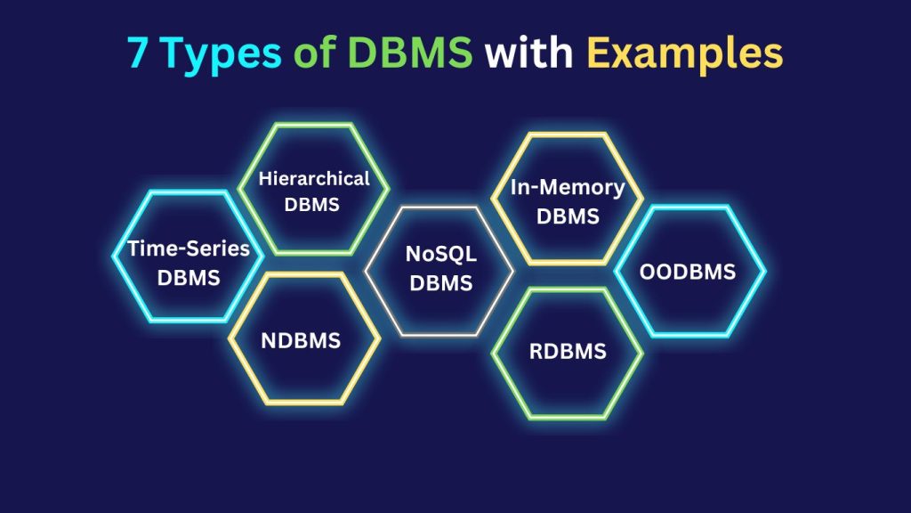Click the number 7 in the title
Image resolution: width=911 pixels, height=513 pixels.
[137, 53]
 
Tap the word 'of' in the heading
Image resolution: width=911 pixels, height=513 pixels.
[314, 53]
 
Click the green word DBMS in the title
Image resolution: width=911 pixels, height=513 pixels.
[410, 53]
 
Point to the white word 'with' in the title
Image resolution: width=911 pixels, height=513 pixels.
[528, 53]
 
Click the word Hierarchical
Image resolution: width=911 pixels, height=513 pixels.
[314, 178]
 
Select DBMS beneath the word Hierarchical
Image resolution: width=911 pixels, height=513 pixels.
[312, 205]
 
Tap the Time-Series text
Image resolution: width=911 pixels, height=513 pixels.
[189, 248]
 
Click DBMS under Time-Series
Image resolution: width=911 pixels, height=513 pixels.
[189, 278]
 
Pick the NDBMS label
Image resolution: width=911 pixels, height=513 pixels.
[301, 340]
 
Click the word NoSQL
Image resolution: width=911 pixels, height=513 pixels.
[441, 254]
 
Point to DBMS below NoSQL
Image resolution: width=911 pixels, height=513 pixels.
[441, 283]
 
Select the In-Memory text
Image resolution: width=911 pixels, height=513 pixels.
[568, 187]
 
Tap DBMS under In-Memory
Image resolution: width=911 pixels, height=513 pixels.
[568, 216]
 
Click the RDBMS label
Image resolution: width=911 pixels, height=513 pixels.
[568, 351]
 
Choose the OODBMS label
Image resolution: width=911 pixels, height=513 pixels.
[688, 272]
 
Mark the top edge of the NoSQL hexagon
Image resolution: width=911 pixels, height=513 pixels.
[439, 207]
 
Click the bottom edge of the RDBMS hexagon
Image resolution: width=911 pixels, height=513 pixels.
[568, 417]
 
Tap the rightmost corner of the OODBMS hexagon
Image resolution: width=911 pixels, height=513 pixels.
[764, 271]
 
